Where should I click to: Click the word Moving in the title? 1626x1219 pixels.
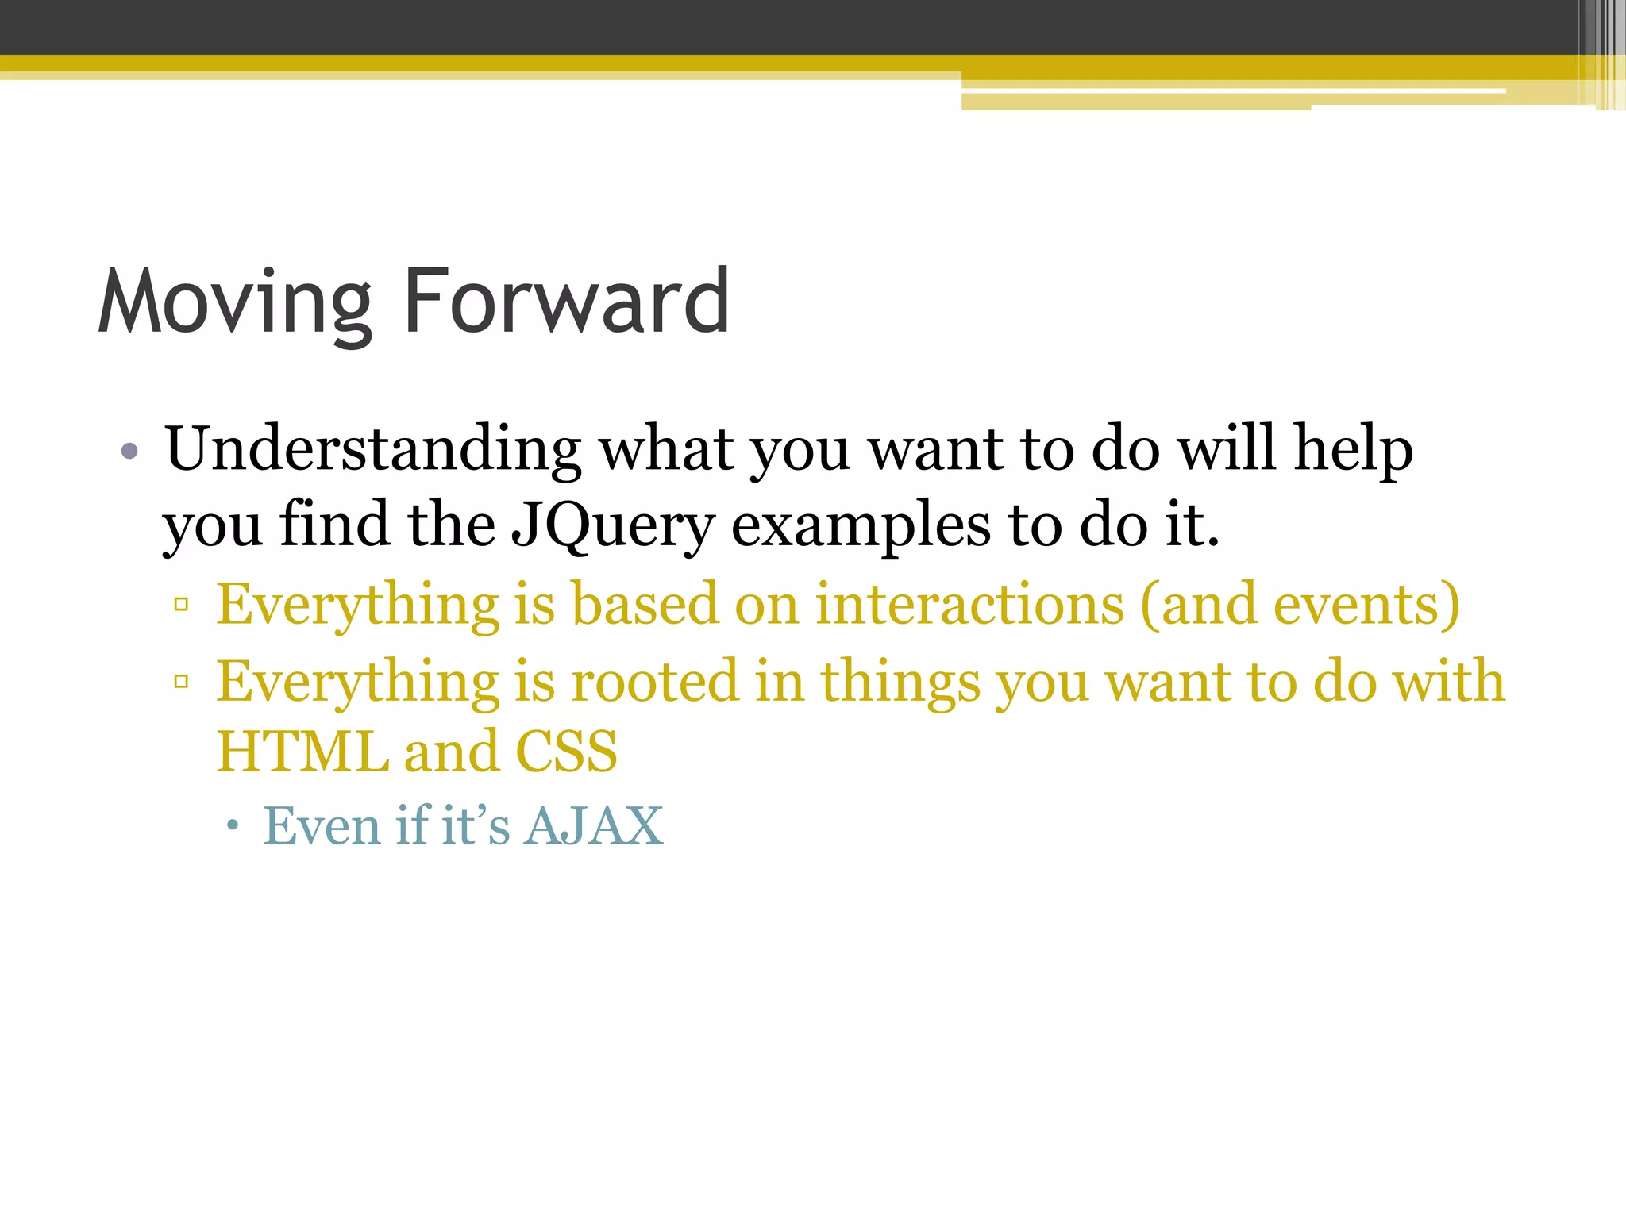point(235,302)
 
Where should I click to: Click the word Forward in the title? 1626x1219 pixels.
point(566,302)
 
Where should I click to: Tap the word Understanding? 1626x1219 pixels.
point(372,449)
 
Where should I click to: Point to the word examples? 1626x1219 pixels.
point(861,527)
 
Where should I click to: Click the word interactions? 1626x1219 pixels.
point(969,605)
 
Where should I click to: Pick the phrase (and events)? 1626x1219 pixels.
point(1300,605)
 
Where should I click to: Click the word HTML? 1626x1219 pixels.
point(302,751)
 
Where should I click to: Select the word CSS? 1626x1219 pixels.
point(566,751)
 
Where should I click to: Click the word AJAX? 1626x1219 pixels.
point(594,826)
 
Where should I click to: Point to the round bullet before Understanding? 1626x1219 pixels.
point(130,452)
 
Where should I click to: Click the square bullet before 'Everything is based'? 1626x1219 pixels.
point(182,605)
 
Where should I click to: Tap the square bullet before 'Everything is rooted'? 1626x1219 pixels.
point(182,681)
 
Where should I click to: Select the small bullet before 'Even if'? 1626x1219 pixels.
point(232,826)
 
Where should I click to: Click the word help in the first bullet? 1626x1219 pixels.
point(1353,449)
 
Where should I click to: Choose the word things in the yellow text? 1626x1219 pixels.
point(900,683)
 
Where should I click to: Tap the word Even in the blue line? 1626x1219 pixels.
point(322,826)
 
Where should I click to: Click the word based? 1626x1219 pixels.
point(645,605)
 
